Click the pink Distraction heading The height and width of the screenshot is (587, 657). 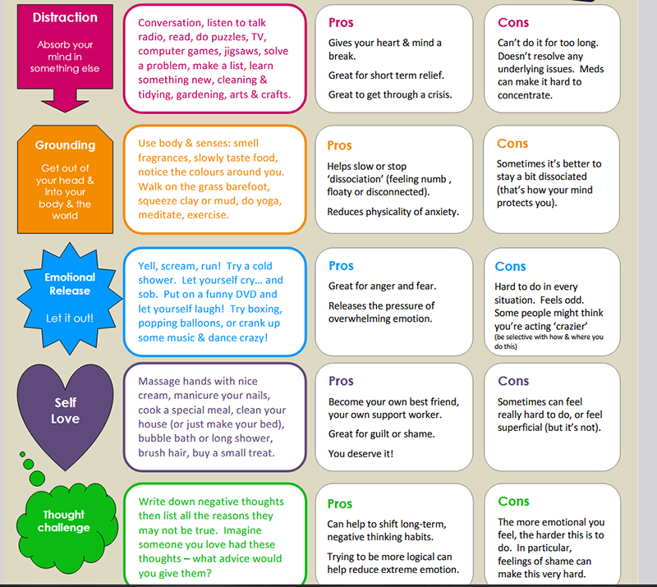pyautogui.click(x=65, y=16)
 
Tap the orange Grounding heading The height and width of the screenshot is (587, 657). pyautogui.click(x=65, y=145)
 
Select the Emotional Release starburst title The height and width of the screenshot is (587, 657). pyautogui.click(x=70, y=284)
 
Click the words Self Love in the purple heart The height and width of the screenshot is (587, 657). pyautogui.click(x=66, y=410)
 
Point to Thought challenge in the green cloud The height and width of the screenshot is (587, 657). pyautogui.click(x=64, y=521)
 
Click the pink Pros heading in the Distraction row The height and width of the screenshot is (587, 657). pyautogui.click(x=341, y=22)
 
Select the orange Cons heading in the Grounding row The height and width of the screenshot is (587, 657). pyautogui.click(x=512, y=143)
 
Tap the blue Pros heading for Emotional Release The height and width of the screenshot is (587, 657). pyautogui.click(x=341, y=266)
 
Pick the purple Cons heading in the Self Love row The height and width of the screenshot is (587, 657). pyautogui.click(x=513, y=380)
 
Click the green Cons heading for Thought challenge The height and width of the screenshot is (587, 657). pyautogui.click(x=513, y=501)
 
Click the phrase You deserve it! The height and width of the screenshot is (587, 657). pyautogui.click(x=361, y=453)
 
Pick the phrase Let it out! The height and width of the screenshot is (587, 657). pyautogui.click(x=70, y=317)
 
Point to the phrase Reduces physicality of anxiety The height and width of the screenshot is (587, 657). pyautogui.click(x=394, y=212)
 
